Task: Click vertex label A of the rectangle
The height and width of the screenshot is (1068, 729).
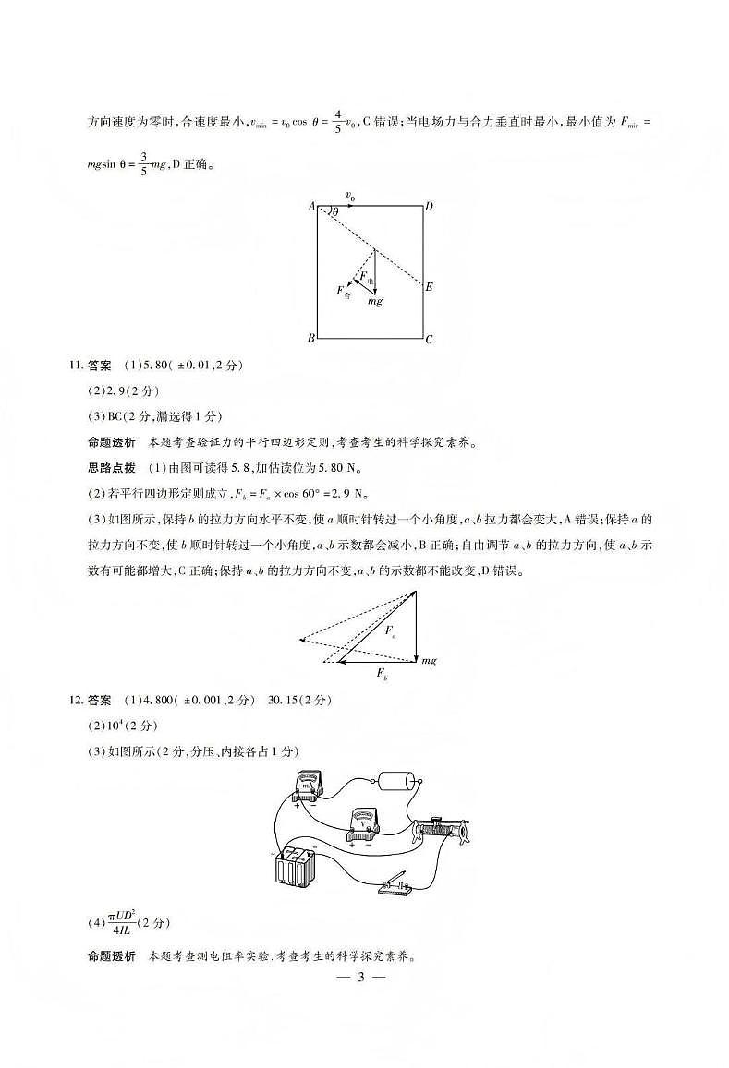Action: [311, 207]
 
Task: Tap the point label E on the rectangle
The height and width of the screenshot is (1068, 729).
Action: [429, 287]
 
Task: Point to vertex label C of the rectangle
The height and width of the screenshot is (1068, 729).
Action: [429, 340]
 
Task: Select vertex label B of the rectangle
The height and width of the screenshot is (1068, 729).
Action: [310, 339]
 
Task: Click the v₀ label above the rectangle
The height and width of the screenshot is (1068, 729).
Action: [350, 196]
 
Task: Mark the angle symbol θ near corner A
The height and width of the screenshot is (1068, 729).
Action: [334, 212]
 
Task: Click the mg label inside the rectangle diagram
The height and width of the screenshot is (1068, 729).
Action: [375, 302]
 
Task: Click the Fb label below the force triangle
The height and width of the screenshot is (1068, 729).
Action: [382, 676]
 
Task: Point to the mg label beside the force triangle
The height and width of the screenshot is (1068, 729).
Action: [429, 661]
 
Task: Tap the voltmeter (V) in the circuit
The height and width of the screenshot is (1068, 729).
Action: [361, 823]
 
